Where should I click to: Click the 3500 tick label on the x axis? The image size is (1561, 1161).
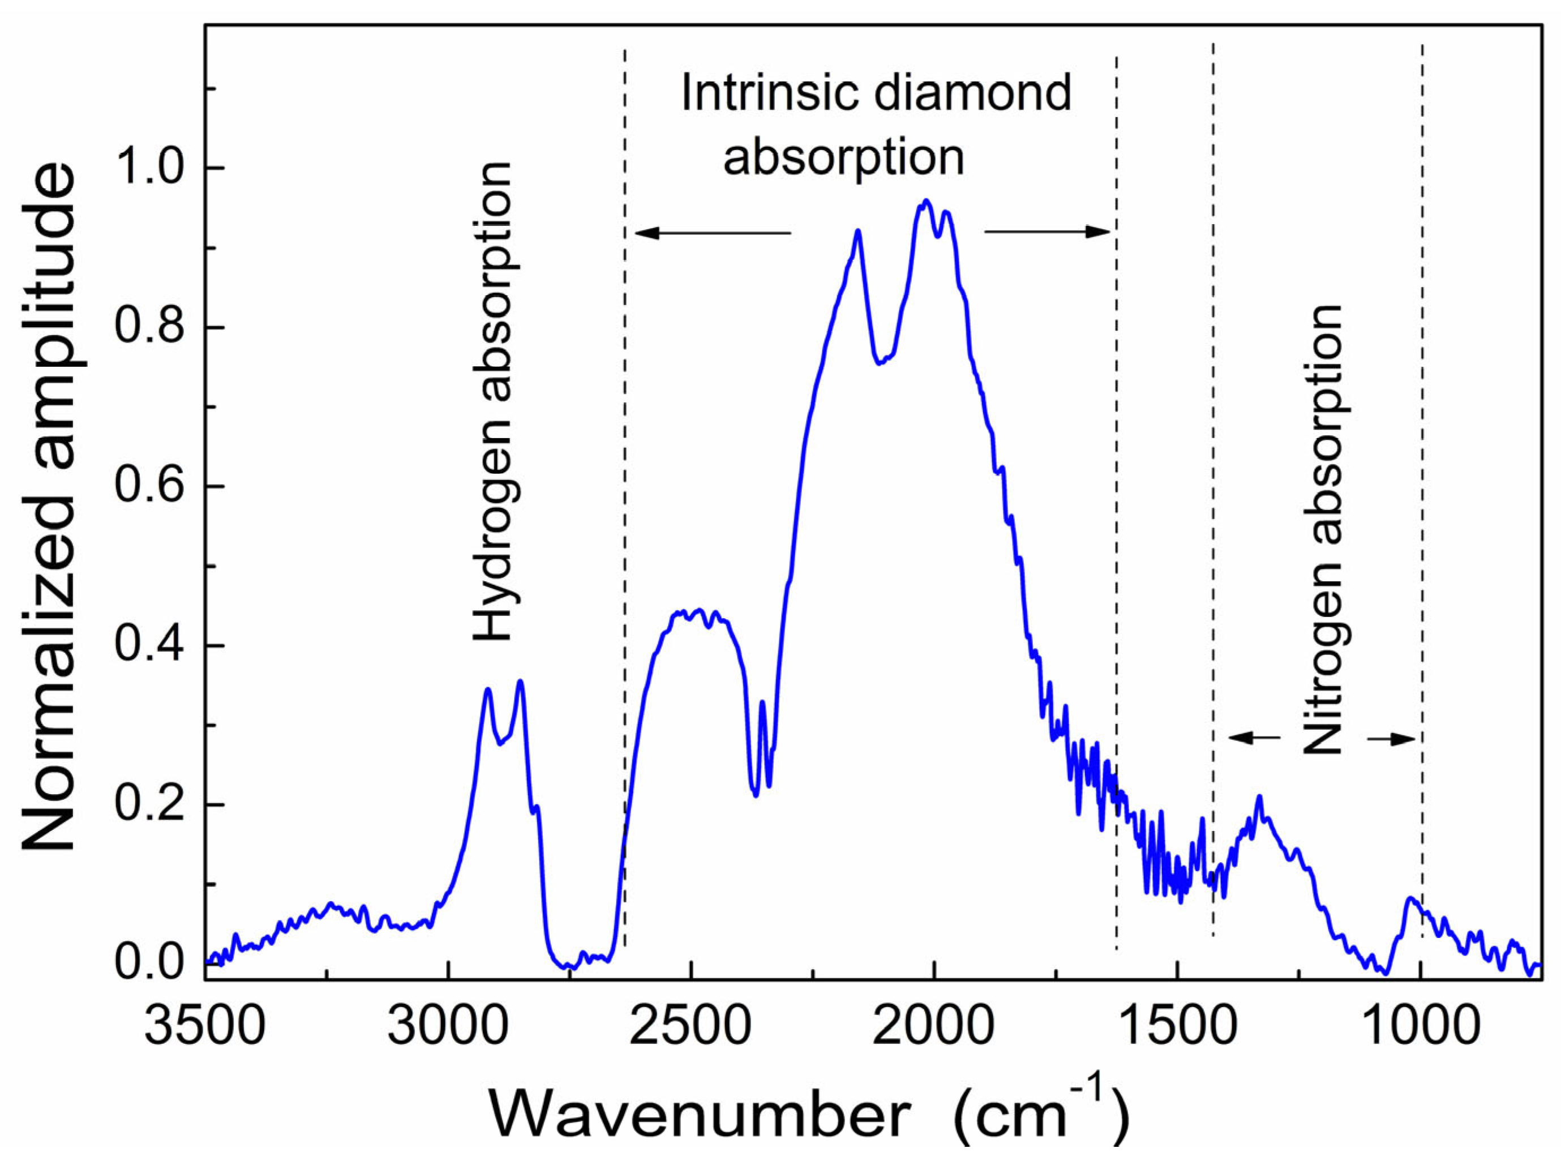click(x=205, y=1027)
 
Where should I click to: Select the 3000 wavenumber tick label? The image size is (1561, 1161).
click(x=448, y=1027)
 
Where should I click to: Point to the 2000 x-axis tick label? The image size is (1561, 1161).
click(x=934, y=1027)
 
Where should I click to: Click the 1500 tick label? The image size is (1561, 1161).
click(x=1177, y=1027)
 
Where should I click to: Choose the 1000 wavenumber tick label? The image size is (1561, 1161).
click(x=1421, y=1027)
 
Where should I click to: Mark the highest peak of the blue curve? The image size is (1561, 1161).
click(x=927, y=201)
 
